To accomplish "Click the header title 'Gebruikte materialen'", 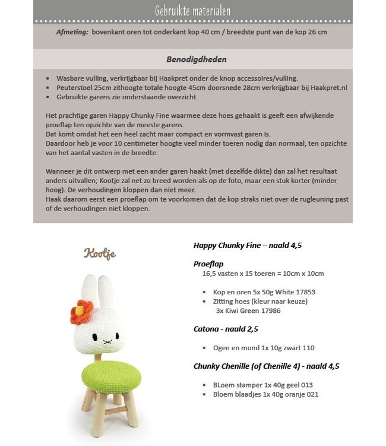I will point(192,11).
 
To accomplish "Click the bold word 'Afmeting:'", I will point(72,32).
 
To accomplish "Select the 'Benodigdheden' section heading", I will point(192,59).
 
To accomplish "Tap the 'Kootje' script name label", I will point(99,254).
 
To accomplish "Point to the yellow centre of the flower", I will point(83,309).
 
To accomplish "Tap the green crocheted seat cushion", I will point(110,376).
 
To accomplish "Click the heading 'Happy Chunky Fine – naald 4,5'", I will point(249,245).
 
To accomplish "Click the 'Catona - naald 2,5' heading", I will point(226,328).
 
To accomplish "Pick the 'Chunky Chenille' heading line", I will point(266,366).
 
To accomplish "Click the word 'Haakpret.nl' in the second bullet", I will point(330,87).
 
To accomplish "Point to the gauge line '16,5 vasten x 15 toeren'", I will point(262,274).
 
